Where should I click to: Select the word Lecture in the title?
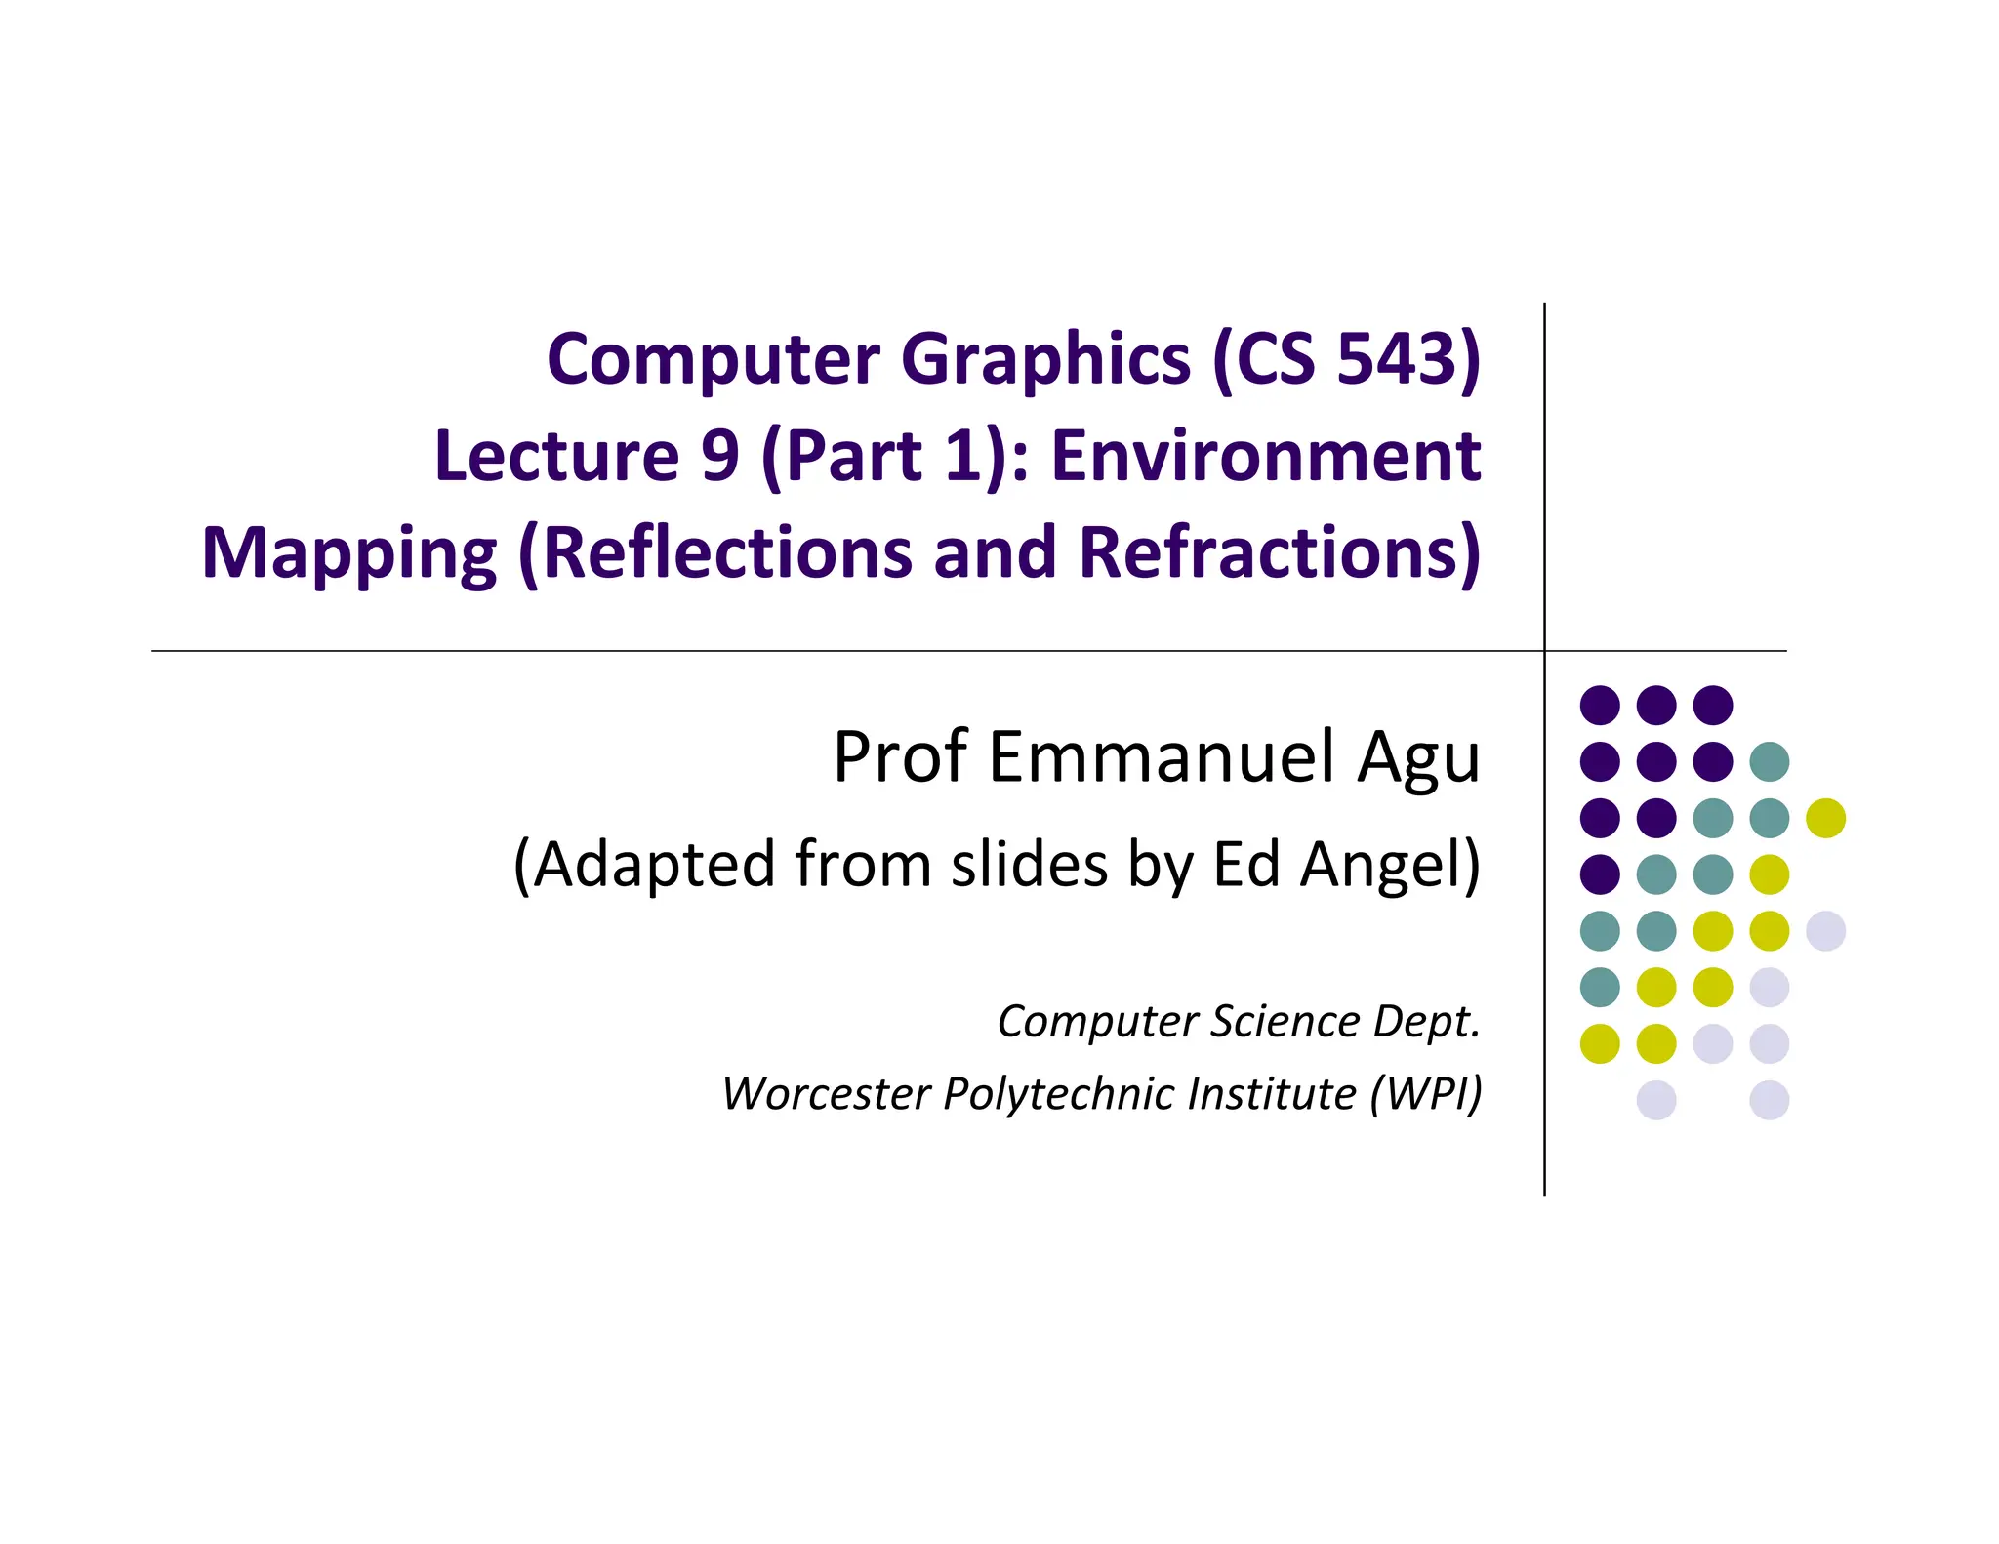556,456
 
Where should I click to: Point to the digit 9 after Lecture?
720,456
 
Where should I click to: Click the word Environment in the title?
1266,456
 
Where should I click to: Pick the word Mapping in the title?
348,553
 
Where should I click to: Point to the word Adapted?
654,865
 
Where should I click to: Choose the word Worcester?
826,1093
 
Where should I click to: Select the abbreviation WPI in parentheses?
1426,1093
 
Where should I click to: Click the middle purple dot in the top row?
1656,705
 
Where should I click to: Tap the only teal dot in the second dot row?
1770,761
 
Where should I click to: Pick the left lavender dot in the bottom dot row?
1656,1100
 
